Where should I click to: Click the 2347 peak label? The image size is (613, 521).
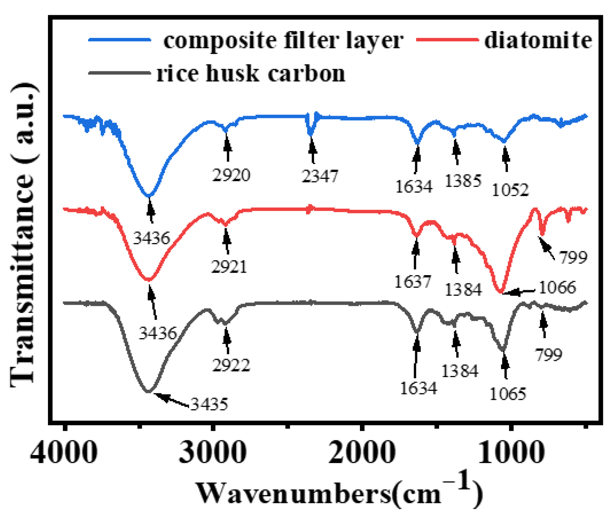tap(320, 176)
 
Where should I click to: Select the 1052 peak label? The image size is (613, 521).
tap(510, 190)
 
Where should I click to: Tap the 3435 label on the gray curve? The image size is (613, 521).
tap(209, 404)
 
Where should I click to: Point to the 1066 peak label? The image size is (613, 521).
tap(557, 287)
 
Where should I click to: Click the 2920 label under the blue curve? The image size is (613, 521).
tap(231, 175)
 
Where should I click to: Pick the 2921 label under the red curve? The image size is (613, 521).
tap(229, 267)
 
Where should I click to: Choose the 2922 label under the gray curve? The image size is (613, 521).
tap(231, 365)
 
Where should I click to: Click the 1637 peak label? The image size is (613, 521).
tap(413, 282)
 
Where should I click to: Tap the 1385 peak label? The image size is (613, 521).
tap(463, 181)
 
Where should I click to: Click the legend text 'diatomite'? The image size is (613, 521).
tap(538, 40)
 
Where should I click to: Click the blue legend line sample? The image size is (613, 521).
tap(119, 40)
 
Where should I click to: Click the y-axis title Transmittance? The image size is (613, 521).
tap(23, 234)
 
